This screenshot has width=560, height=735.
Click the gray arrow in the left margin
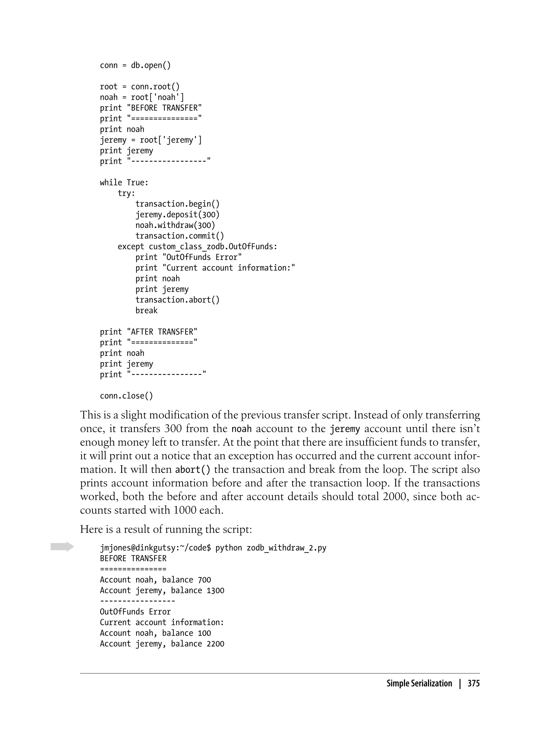[x=62, y=547]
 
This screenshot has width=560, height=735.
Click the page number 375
[x=473, y=683]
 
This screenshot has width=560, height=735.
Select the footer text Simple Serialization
[x=419, y=683]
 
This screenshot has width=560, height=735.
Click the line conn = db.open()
[x=135, y=65]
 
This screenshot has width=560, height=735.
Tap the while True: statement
[x=124, y=183]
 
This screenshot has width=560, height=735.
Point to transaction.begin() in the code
[x=177, y=204]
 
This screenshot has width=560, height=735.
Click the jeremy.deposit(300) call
[x=177, y=215]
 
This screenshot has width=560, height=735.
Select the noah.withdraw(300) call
[x=175, y=225]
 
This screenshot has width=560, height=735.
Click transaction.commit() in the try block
[x=180, y=236]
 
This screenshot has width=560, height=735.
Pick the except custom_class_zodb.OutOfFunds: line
[x=197, y=247]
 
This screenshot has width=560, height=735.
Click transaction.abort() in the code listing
[x=177, y=300]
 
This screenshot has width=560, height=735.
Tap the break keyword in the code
[x=146, y=311]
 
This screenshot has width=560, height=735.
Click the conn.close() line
[x=126, y=396]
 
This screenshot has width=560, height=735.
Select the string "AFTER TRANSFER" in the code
[x=162, y=332]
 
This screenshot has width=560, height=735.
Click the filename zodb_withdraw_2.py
[x=286, y=548]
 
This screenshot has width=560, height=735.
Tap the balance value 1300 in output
[x=215, y=591]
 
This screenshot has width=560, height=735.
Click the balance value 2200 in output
[x=215, y=644]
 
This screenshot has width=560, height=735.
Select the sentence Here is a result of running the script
[x=166, y=529]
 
